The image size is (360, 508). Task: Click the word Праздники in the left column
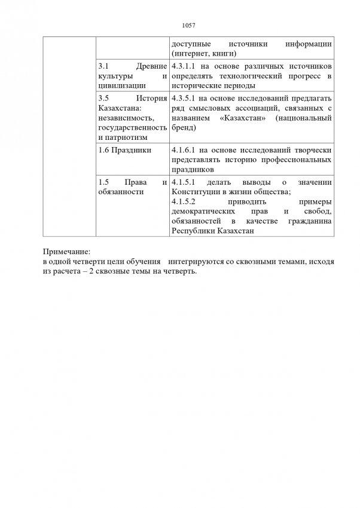pos(130,150)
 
